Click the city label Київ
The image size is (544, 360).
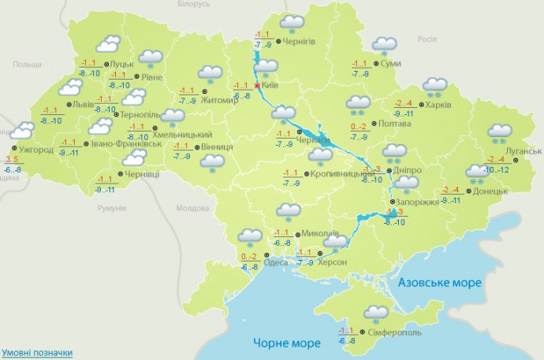coord(272,87)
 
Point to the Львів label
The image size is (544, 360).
coord(82,104)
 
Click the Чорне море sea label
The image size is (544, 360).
coord(286,343)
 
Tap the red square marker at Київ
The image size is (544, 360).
coord(257,86)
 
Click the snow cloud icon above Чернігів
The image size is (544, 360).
coord(292,24)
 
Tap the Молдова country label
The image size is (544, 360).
coord(192,208)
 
